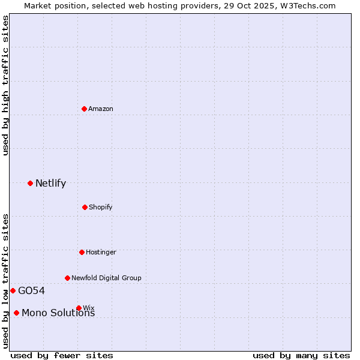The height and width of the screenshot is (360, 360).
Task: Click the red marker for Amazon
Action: (x=84, y=109)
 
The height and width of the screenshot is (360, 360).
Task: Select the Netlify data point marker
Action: (x=30, y=183)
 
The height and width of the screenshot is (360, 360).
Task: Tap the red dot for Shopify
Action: (x=85, y=207)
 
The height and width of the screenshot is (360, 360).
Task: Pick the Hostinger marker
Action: (x=82, y=252)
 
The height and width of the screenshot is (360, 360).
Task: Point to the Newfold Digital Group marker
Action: (x=67, y=278)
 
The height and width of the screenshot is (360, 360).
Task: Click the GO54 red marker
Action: (x=13, y=290)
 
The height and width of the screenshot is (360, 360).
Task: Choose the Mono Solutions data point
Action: (x=16, y=313)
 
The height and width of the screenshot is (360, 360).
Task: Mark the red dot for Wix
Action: (x=79, y=308)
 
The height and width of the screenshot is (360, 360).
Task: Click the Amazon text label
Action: (x=101, y=109)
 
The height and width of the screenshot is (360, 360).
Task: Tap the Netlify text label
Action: (x=50, y=184)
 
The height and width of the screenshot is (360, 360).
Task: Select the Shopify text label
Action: (x=100, y=207)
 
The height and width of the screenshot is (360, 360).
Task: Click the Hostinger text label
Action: (x=101, y=252)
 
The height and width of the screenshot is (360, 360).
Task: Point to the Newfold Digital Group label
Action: (x=106, y=278)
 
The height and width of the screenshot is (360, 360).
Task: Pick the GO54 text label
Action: (x=31, y=291)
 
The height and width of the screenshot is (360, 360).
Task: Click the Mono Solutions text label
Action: (x=58, y=313)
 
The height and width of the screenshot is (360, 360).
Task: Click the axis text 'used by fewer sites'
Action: (x=62, y=355)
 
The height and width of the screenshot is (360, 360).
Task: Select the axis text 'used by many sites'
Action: (x=301, y=355)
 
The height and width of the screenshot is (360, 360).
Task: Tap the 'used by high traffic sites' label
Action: (x=6, y=85)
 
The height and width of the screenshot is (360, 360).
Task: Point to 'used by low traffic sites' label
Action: (x=6, y=281)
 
